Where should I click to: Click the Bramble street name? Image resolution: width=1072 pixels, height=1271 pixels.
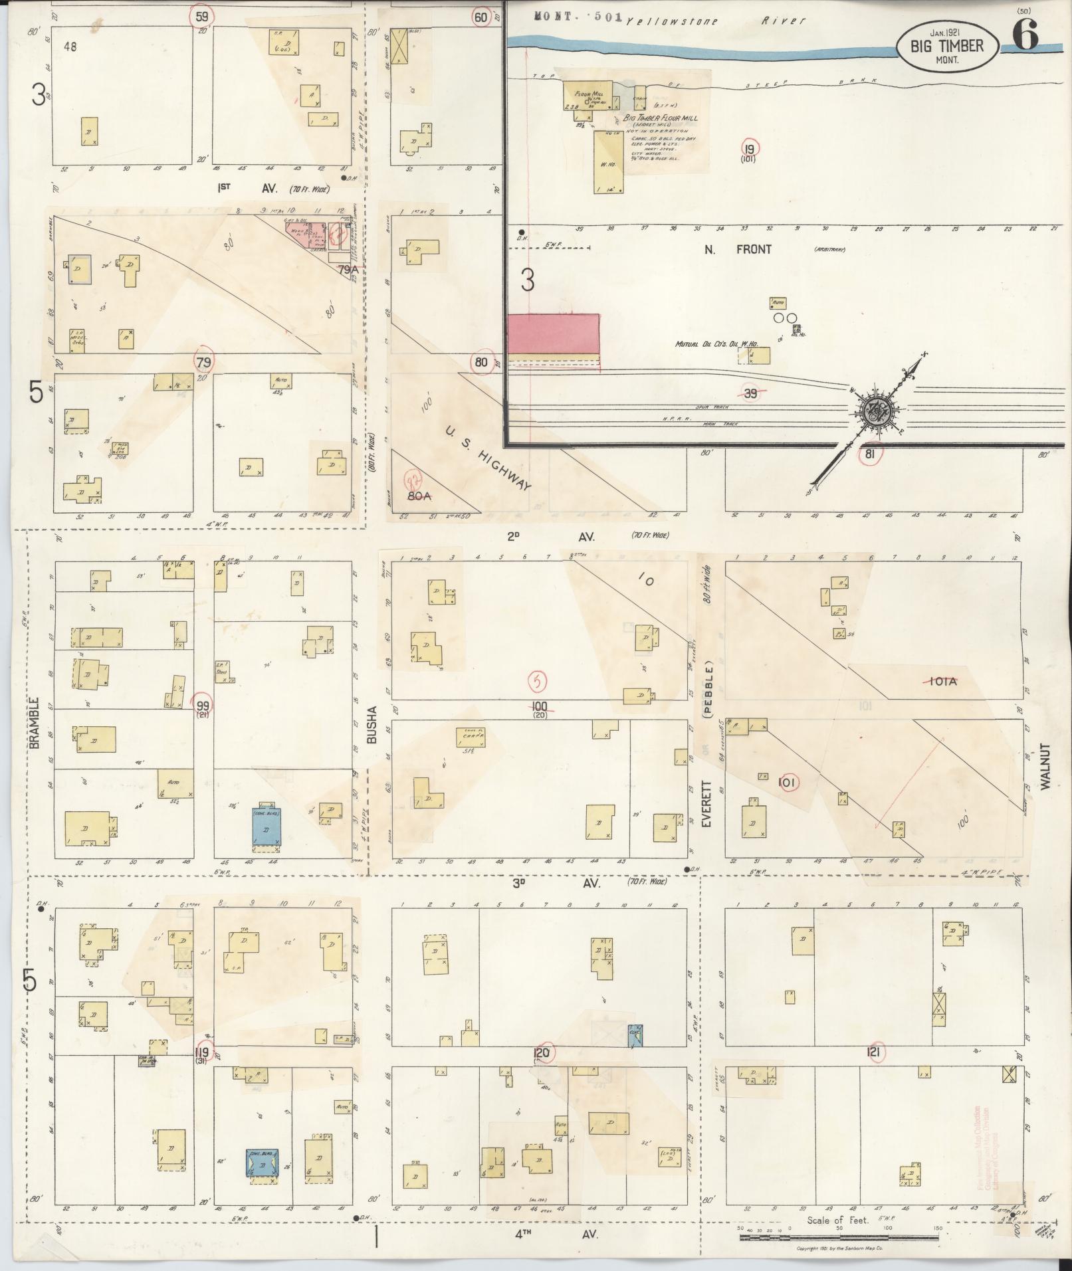point(35,723)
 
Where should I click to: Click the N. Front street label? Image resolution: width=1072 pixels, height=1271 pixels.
point(746,250)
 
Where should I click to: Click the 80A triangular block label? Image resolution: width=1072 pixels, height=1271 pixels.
point(419,495)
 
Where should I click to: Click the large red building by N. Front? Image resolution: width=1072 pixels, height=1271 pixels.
point(553,334)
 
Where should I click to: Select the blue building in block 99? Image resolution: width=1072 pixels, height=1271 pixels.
point(265,825)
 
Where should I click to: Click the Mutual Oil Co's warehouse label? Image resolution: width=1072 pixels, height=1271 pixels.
point(714,345)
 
